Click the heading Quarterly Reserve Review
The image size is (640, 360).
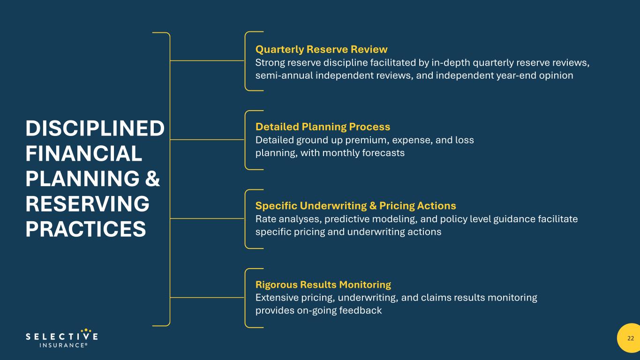pos(322,49)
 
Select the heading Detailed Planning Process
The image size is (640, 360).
pos(323,127)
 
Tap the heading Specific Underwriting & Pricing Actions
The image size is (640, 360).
pos(356,206)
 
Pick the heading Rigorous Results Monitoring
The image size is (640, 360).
pos(323,285)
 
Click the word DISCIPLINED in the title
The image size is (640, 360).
pos(95,128)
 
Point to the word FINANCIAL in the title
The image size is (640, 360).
pos(84,153)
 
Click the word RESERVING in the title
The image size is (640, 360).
pos(87,204)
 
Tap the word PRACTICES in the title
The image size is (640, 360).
pos(86,229)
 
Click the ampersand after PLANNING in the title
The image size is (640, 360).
pos(152,179)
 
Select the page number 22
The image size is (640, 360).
pos(631,338)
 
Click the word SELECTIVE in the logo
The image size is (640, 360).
pos(62,337)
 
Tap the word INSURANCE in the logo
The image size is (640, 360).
pos(62,345)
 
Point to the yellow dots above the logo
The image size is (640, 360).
pos(86,330)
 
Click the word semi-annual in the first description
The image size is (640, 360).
pos(284,75)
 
